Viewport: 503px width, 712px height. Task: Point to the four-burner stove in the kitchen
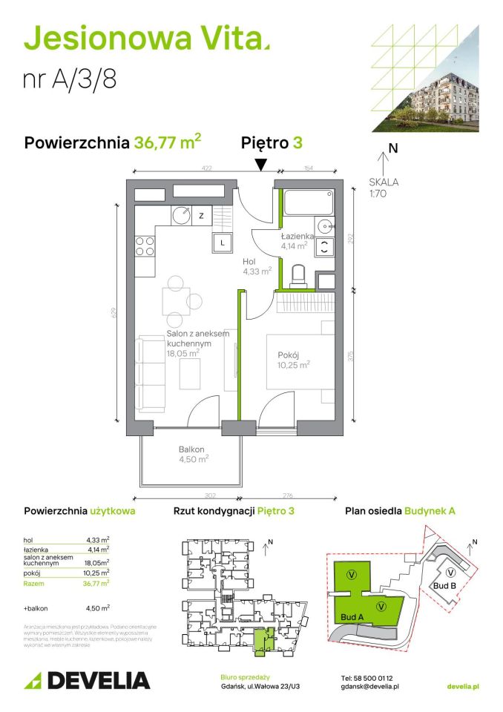point(145,246)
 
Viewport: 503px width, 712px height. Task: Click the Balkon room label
point(191,449)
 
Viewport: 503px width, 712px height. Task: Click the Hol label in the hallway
point(250,262)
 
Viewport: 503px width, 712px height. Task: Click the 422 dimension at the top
point(207,168)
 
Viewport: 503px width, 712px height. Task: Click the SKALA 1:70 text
point(384,188)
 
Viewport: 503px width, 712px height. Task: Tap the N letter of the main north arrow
point(393,148)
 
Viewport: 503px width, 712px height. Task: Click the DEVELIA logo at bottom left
point(88,680)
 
